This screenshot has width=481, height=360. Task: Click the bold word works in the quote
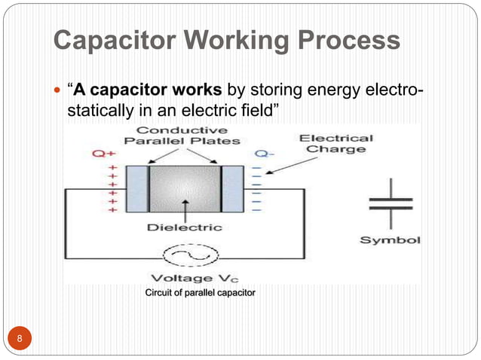197,92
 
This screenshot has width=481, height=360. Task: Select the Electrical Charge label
335,143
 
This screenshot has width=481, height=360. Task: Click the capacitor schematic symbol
390,203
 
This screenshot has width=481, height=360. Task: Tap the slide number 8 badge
20,340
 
